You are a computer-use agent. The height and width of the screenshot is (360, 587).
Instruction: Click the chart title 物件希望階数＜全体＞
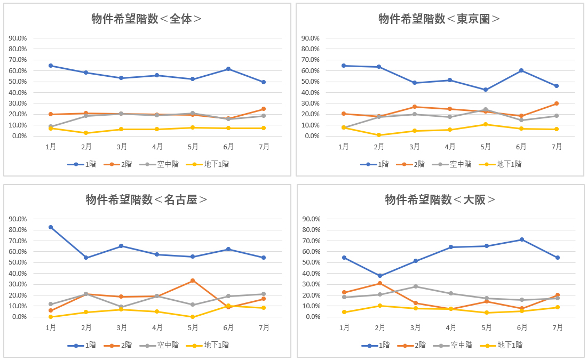tap(147, 19)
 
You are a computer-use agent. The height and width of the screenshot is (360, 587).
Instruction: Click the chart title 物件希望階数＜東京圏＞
tap(440, 19)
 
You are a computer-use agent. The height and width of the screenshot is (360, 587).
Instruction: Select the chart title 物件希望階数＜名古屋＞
tap(147, 199)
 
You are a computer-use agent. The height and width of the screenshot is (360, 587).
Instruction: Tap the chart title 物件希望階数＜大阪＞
tap(440, 199)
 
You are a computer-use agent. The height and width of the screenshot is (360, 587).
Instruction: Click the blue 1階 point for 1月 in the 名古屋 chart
tap(51, 227)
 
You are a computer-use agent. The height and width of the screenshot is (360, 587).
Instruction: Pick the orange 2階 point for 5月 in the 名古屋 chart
tap(193, 281)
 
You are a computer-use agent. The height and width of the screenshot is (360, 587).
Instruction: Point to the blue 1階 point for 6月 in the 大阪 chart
tap(522, 239)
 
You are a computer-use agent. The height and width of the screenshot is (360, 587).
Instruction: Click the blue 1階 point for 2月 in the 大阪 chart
tap(379, 276)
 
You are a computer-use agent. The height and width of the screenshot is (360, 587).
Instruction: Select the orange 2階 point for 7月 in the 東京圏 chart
tap(557, 103)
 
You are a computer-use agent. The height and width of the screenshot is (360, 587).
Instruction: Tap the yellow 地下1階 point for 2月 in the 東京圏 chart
tap(379, 135)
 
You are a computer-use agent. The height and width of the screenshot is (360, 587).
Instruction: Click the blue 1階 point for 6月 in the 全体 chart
tap(228, 69)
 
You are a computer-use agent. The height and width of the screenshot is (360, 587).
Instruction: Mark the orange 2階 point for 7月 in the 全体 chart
tap(264, 109)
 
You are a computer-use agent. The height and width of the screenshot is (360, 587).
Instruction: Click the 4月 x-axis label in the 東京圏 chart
tap(450, 147)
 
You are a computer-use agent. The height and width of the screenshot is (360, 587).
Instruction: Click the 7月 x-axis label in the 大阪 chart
tap(557, 327)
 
